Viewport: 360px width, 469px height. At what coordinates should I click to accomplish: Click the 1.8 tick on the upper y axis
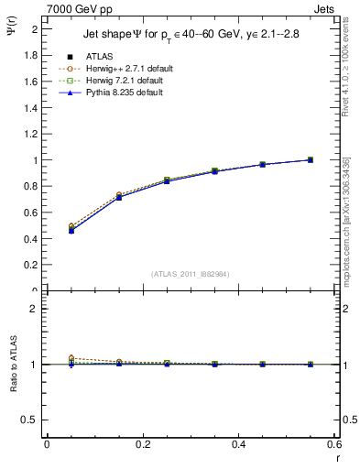tap(32, 55)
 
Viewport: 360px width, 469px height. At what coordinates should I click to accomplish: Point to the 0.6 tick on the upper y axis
tap(32, 213)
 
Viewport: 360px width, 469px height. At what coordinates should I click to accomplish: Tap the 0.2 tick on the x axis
tap(142, 444)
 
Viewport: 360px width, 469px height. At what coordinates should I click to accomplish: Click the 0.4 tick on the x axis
tap(238, 444)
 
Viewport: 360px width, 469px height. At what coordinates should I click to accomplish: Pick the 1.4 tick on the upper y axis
tap(32, 107)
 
